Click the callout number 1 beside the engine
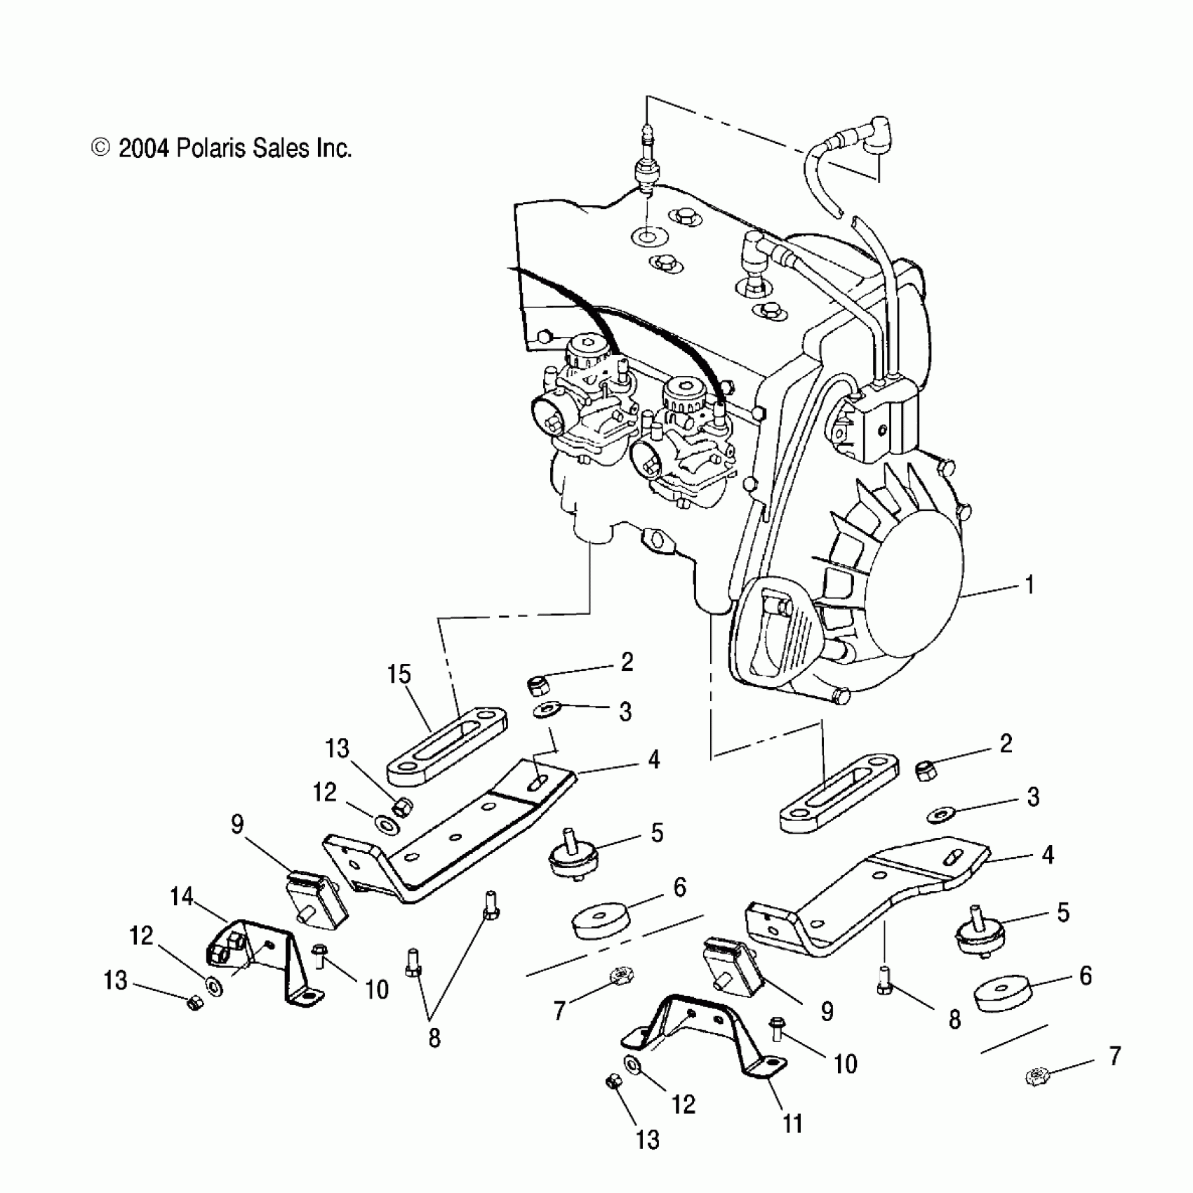pyautogui.click(x=1029, y=585)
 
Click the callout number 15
pyautogui.click(x=399, y=674)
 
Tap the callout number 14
pyautogui.click(x=182, y=896)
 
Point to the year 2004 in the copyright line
pyautogui.click(x=144, y=149)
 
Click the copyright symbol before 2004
pyautogui.click(x=101, y=148)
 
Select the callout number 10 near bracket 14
pyautogui.click(x=377, y=989)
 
